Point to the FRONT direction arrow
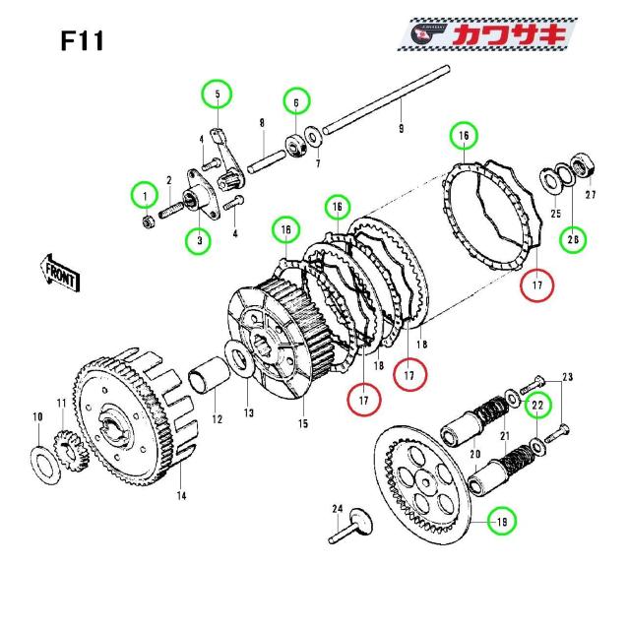pos(60,271)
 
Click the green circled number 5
pos(217,94)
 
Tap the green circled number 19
pos(502,521)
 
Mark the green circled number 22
pos(537,404)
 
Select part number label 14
pos(181,496)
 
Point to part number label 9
pos(401,128)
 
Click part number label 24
pos(336,510)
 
